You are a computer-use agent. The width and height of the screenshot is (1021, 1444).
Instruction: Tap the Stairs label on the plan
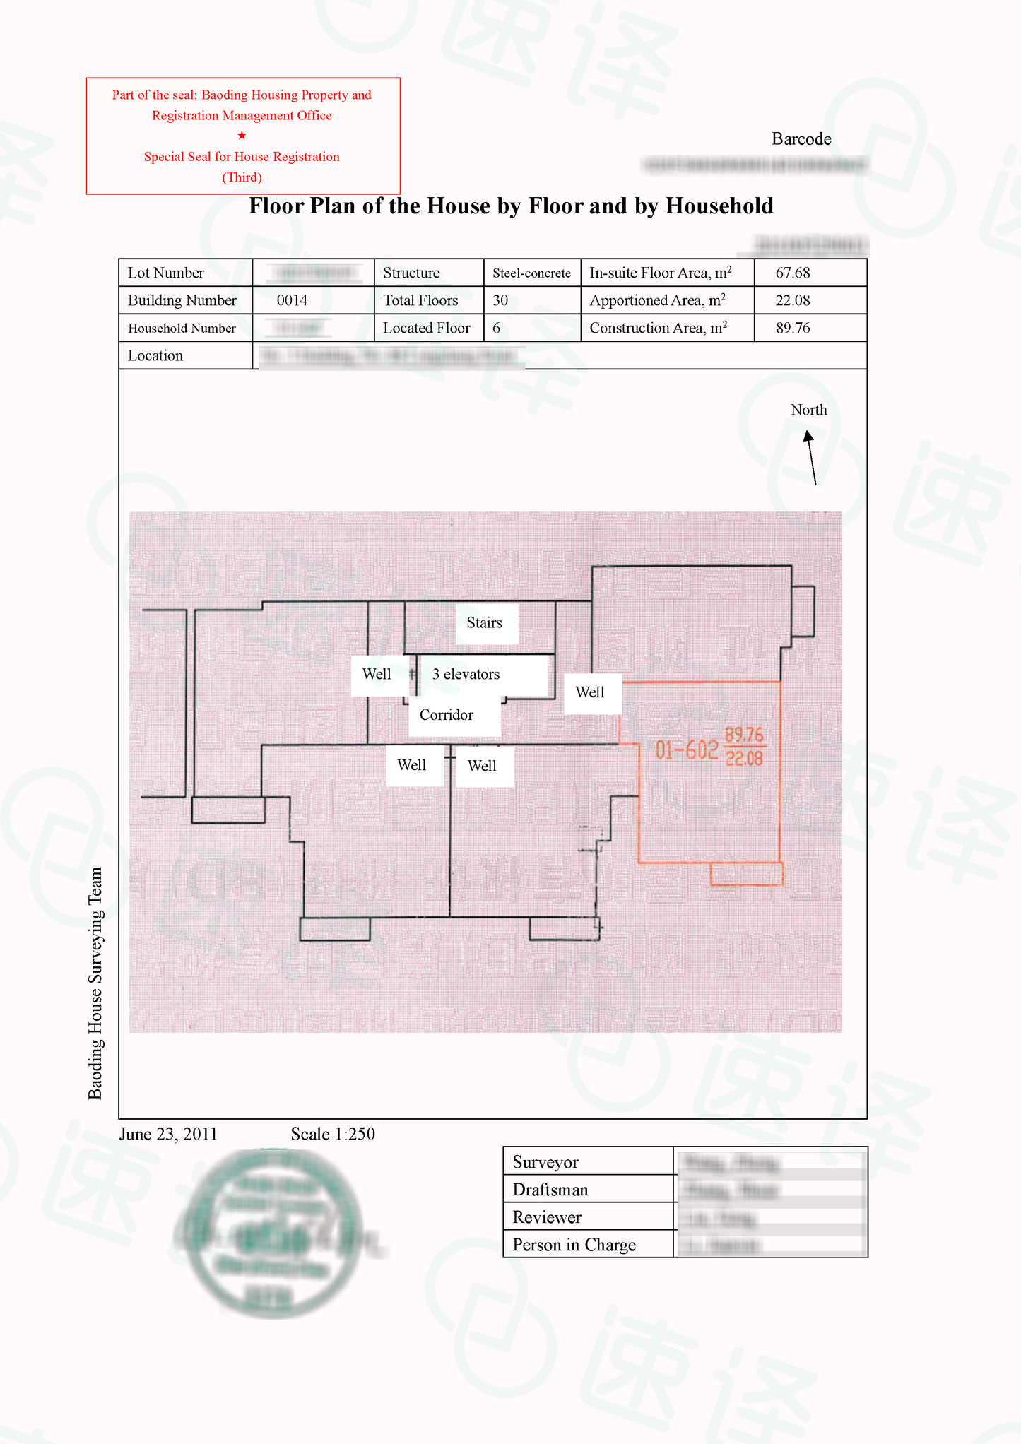point(485,623)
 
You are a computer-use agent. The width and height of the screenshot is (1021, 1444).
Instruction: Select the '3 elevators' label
point(466,675)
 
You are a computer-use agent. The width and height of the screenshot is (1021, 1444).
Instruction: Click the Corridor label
point(446,715)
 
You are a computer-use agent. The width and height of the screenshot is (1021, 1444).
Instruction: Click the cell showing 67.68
point(793,273)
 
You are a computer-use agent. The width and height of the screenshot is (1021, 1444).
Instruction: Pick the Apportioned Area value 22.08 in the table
point(793,300)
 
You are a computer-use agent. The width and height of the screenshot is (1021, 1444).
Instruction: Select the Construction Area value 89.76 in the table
point(793,328)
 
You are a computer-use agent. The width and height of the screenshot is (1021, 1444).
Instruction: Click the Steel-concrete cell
point(531,273)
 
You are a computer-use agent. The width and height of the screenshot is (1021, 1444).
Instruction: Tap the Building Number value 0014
point(292,300)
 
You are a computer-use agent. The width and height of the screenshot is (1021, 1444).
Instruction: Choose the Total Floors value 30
point(500,300)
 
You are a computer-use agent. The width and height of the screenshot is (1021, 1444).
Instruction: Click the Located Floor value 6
point(497,328)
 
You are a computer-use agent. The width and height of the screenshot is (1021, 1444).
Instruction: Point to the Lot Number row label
point(166,273)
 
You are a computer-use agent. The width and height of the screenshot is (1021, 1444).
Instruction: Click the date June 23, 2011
point(168,1134)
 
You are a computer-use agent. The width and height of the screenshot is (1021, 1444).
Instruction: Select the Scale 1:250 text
point(333,1134)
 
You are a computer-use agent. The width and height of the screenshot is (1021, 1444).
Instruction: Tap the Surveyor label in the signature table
point(545,1162)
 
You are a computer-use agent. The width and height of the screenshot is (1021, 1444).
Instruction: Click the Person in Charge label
point(574,1245)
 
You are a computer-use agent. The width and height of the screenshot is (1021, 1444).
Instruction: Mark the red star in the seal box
point(242,135)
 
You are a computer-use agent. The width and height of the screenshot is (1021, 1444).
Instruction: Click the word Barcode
point(801,139)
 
